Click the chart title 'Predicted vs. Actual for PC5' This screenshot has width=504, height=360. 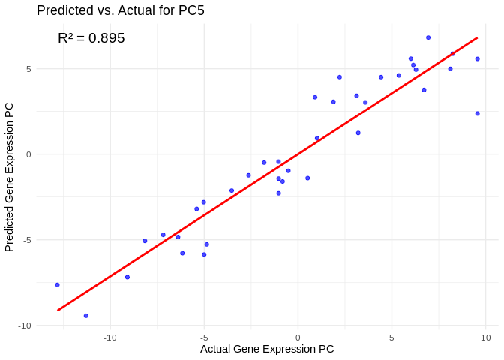(120, 10)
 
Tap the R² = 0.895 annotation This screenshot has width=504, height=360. (91, 38)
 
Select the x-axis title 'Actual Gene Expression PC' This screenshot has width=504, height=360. (267, 349)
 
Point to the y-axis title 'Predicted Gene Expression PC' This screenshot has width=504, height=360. (9, 176)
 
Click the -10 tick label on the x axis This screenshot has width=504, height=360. (110, 337)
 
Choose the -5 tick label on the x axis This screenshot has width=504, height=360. (204, 337)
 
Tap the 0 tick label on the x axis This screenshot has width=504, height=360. (298, 337)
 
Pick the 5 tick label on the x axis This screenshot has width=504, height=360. (391, 337)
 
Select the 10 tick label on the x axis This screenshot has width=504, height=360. (485, 337)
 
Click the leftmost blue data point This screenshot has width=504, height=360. (57, 285)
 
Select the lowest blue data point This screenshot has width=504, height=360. (85, 316)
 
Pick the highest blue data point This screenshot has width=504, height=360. (428, 37)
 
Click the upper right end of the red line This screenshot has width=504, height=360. (477, 38)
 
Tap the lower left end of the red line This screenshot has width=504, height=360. (58, 310)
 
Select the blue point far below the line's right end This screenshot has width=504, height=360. (477, 113)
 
